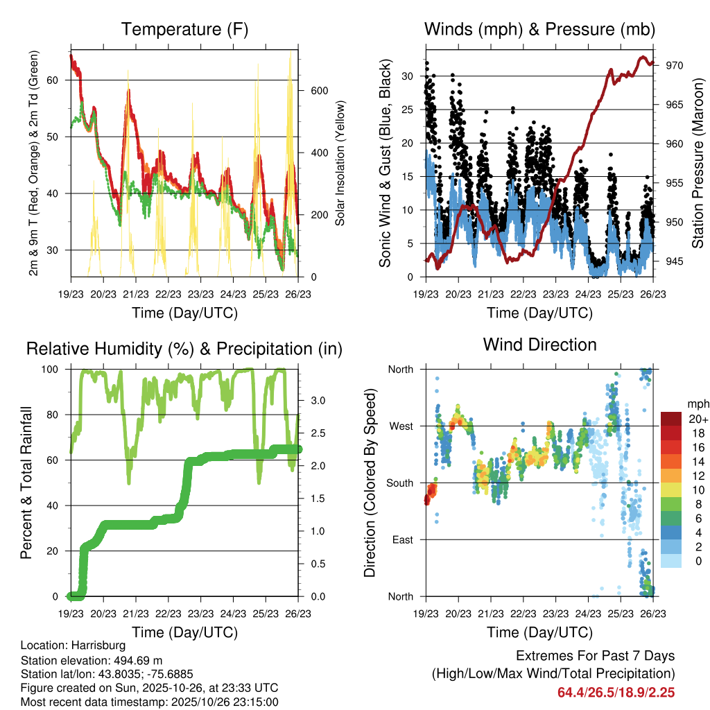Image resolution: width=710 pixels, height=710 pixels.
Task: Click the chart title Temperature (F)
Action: tap(184, 29)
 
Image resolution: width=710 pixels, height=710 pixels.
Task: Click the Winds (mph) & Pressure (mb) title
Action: tap(539, 29)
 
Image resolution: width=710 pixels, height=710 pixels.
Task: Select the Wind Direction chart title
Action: tap(539, 344)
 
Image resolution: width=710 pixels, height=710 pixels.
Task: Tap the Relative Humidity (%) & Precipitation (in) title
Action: tap(184, 349)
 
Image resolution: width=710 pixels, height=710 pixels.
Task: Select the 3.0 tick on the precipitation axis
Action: tap(317, 400)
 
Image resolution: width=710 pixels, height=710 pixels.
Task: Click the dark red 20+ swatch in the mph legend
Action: tap(671, 419)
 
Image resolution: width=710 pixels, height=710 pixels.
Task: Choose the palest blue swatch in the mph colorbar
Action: tap(671, 561)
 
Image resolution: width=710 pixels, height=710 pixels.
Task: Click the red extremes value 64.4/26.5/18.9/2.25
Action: tap(616, 692)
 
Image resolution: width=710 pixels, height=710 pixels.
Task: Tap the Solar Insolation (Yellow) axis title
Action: tap(340, 163)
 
